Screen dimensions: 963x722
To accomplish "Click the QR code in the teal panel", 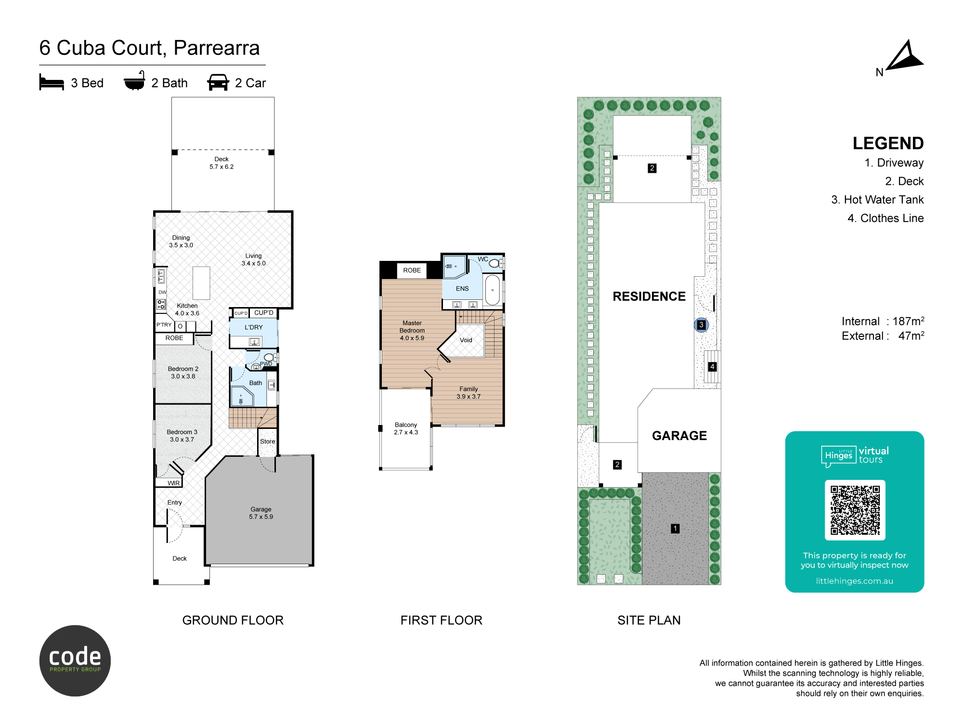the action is click(855, 510).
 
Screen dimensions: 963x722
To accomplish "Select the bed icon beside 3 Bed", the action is click(52, 82).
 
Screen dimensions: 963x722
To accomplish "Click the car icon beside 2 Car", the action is click(218, 82).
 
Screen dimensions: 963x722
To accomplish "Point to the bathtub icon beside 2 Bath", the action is click(134, 81).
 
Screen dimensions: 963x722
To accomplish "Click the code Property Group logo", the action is click(75, 660).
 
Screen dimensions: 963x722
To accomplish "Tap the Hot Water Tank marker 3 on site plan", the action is click(701, 325).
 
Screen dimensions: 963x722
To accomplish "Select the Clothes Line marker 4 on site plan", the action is click(712, 367).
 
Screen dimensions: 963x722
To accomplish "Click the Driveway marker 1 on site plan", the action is click(675, 529).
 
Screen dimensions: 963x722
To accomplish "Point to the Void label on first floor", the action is click(466, 340).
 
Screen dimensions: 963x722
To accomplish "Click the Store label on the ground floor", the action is click(268, 441).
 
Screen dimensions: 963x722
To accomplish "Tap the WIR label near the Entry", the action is click(173, 483).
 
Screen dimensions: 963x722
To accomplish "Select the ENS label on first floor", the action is click(462, 289).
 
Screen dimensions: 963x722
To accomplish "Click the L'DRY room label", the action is click(254, 327).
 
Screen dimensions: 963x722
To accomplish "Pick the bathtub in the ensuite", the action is click(492, 290).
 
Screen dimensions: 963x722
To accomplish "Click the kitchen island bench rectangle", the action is click(201, 283).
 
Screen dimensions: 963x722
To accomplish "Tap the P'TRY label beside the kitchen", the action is click(164, 325).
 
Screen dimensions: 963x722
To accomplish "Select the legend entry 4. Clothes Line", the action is click(885, 218).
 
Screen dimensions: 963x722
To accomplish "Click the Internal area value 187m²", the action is click(909, 321).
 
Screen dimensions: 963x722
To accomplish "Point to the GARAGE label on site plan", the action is click(679, 436).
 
